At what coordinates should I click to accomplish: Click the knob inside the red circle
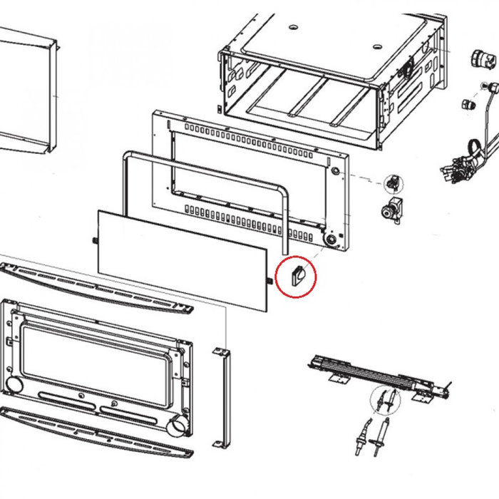pyautogui.click(x=298, y=274)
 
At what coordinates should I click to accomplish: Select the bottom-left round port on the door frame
pyautogui.click(x=13, y=386)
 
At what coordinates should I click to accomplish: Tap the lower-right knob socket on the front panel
pyautogui.click(x=331, y=241)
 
